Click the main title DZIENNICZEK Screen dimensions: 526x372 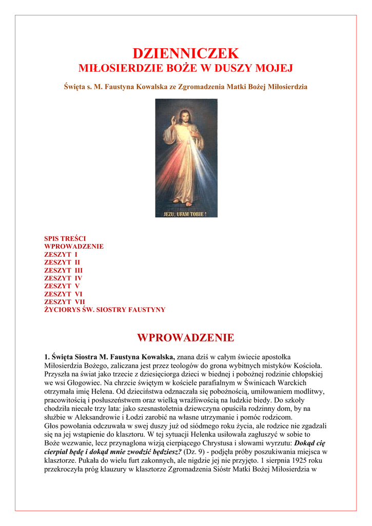point(186,53)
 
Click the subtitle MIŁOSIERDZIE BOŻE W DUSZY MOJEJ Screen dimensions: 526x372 point(186,68)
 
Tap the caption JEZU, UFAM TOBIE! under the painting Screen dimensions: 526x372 point(186,213)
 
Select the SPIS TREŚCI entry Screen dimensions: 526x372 point(65,239)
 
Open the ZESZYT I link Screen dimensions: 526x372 point(61,254)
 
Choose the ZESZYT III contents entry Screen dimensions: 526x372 point(63,270)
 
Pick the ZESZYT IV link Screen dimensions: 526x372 point(63,278)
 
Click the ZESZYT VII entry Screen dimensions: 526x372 point(65,302)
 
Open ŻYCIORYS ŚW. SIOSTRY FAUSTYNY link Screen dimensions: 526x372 point(105,310)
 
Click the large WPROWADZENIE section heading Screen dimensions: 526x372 point(186,338)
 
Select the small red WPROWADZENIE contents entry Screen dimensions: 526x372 point(74,247)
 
